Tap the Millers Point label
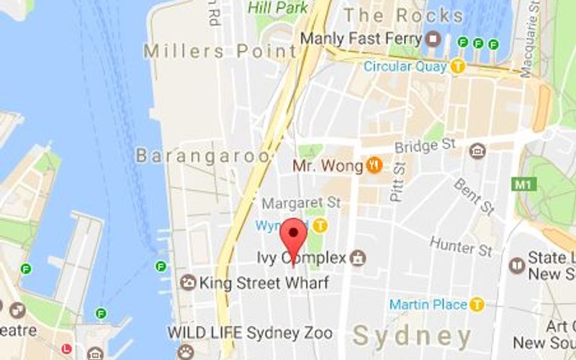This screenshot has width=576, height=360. click(x=220, y=51)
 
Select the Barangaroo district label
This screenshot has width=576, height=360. click(x=204, y=155)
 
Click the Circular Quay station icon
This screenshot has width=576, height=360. click(x=458, y=66)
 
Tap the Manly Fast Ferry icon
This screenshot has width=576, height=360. click(x=433, y=39)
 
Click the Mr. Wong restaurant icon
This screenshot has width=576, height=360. click(x=374, y=166)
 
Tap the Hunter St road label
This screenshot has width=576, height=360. click(x=461, y=246)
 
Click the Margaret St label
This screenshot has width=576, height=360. click(x=300, y=204)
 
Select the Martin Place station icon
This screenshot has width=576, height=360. click(x=477, y=305)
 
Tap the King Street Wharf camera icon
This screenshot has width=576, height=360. click(x=188, y=282)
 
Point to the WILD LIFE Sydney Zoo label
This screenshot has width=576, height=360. click(x=250, y=333)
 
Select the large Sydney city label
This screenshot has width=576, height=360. click(x=413, y=336)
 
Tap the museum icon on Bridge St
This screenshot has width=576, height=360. click(x=477, y=151)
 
